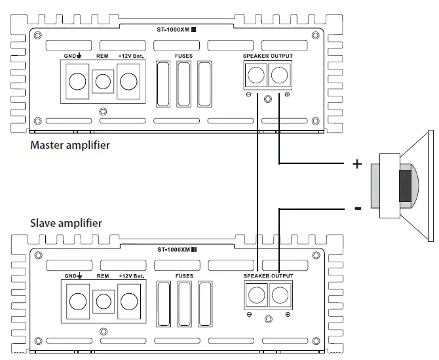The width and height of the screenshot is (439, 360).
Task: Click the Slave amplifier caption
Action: (x=66, y=224)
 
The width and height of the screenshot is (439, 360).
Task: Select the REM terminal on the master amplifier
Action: (x=102, y=81)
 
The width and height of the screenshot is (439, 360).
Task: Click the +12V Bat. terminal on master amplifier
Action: (x=128, y=81)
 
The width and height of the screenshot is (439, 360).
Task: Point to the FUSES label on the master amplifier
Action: (x=184, y=56)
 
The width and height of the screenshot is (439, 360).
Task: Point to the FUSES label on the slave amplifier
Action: (x=184, y=276)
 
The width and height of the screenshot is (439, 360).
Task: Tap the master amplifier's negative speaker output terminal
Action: (x=255, y=77)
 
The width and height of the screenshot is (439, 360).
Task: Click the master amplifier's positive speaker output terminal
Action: (x=280, y=77)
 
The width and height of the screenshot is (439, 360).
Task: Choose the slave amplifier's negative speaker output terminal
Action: (x=255, y=297)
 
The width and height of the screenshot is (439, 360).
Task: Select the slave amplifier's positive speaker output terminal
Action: (x=280, y=297)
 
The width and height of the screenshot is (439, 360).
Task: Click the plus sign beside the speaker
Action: (x=357, y=165)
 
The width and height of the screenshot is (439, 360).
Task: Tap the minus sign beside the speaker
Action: (x=357, y=209)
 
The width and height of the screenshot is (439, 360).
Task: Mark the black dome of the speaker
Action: (x=406, y=185)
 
